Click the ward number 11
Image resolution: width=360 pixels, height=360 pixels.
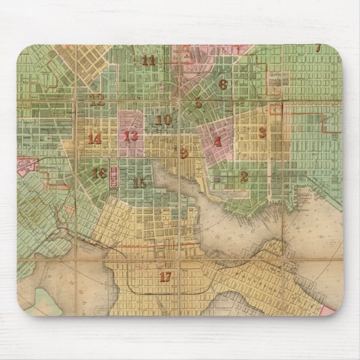tap(149, 60)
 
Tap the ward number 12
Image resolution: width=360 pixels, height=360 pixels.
tap(98, 101)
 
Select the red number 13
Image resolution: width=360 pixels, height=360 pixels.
tap(131, 135)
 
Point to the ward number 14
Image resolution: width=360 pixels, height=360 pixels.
tap(94, 139)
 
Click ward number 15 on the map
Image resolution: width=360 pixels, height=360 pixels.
tap(140, 183)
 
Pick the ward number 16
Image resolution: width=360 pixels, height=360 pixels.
tap(99, 173)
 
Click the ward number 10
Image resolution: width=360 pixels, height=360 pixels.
tap(164, 120)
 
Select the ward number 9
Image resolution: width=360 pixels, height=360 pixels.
tap(183, 153)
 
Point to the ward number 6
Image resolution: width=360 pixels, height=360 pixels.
tap(223, 85)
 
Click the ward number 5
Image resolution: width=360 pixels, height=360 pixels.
tap(198, 104)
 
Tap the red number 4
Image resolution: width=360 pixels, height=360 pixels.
tap(217, 142)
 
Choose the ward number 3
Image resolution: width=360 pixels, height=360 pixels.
tap(262, 132)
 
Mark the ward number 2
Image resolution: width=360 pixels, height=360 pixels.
tap(244, 177)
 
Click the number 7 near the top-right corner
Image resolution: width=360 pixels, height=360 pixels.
tap(318, 48)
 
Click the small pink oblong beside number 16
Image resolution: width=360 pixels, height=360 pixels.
tap(113, 178)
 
